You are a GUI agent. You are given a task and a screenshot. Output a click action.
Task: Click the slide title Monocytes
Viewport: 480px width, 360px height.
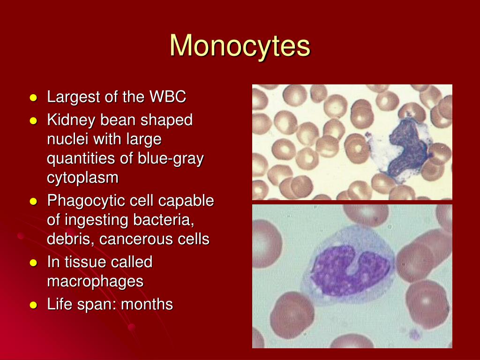click(x=240, y=46)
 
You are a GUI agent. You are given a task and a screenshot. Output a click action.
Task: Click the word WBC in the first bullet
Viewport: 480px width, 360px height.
click(x=168, y=97)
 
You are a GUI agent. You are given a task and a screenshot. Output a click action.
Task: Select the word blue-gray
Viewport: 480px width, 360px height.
click(x=171, y=159)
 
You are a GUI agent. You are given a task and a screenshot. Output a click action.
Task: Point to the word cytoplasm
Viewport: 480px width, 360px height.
click(x=82, y=178)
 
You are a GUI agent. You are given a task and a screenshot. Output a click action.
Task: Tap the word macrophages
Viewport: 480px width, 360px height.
click(x=95, y=281)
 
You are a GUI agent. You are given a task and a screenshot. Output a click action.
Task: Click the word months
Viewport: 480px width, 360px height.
click(x=147, y=305)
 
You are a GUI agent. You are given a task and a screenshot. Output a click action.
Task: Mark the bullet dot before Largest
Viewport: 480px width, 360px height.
click(x=33, y=98)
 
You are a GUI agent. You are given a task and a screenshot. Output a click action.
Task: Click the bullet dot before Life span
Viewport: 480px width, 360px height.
click(x=33, y=305)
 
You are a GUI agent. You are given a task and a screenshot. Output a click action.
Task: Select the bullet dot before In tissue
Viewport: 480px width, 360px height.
click(x=33, y=263)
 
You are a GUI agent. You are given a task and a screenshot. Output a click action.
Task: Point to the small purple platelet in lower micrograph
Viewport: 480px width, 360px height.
click(x=414, y=334)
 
